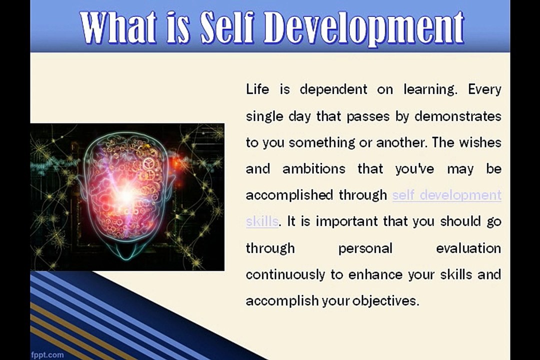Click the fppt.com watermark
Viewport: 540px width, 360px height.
[47, 354]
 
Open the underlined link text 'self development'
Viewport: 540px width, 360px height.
[446, 195]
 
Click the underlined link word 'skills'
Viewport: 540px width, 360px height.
[261, 221]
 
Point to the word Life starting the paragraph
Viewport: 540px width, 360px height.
[257, 89]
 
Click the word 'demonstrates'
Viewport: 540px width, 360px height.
[457, 116]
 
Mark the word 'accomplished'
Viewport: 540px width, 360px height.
[290, 195]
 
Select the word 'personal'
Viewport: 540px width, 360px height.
[365, 248]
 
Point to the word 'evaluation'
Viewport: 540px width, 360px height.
[468, 248]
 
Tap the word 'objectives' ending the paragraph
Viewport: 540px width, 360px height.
[384, 301]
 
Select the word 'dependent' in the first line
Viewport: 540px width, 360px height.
[333, 89]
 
